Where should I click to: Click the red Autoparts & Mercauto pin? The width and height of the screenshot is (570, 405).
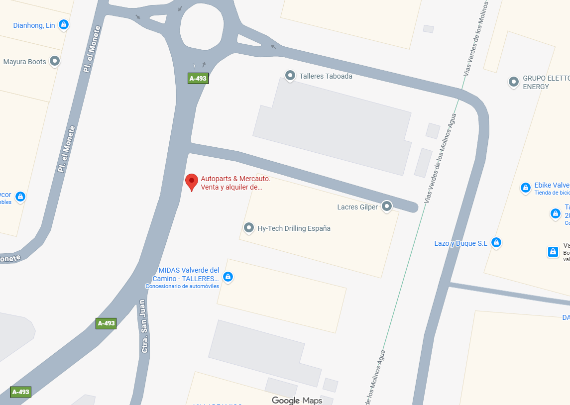(x=191, y=182)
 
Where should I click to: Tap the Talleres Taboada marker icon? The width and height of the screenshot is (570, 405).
(x=290, y=76)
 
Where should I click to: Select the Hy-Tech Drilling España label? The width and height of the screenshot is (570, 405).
(x=294, y=228)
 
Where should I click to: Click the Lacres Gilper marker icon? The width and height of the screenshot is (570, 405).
(x=387, y=206)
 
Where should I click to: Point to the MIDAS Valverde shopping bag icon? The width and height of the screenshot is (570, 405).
(x=228, y=276)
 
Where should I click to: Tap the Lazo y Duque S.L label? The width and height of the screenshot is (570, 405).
(x=460, y=243)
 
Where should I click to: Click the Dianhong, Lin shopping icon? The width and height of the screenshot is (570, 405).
(x=63, y=24)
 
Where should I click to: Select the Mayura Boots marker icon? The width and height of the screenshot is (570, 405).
(x=55, y=61)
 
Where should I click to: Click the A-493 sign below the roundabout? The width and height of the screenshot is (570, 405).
(x=198, y=78)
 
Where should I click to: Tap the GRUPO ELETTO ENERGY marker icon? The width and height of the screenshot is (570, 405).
(x=514, y=82)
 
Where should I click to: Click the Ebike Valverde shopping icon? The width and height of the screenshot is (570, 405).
(x=525, y=188)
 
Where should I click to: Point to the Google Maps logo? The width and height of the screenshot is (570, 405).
(x=297, y=401)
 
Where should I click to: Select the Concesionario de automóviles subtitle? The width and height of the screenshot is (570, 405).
(x=182, y=286)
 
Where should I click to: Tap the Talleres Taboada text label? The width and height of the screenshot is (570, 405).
(x=326, y=76)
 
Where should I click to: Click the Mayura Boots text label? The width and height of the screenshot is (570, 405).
(x=24, y=62)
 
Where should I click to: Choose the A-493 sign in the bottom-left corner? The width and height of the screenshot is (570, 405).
(x=20, y=392)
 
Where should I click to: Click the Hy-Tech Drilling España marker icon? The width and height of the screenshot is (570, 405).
(x=249, y=228)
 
